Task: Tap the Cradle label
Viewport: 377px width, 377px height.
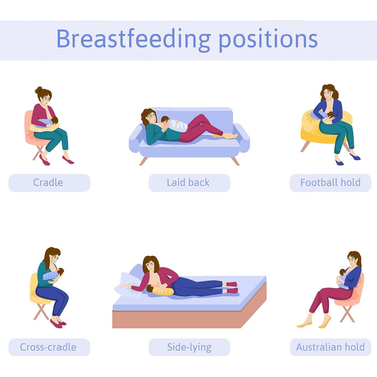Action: tap(48, 182)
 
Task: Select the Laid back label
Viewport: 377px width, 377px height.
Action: tap(188, 182)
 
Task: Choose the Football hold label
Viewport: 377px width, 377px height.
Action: tap(330, 182)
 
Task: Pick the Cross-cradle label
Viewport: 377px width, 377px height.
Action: tap(48, 347)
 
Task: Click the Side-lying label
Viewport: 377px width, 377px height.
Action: tap(189, 347)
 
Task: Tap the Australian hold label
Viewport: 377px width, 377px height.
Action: tap(330, 347)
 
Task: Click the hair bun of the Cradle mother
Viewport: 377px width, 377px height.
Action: tap(39, 90)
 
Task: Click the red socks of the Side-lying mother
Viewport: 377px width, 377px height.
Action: tap(232, 288)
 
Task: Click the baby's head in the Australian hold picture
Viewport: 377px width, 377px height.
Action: tap(343, 272)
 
